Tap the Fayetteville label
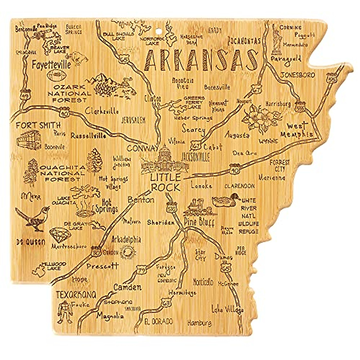pyautogui.click(x=51, y=64)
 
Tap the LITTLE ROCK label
pyautogui.click(x=165, y=182)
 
